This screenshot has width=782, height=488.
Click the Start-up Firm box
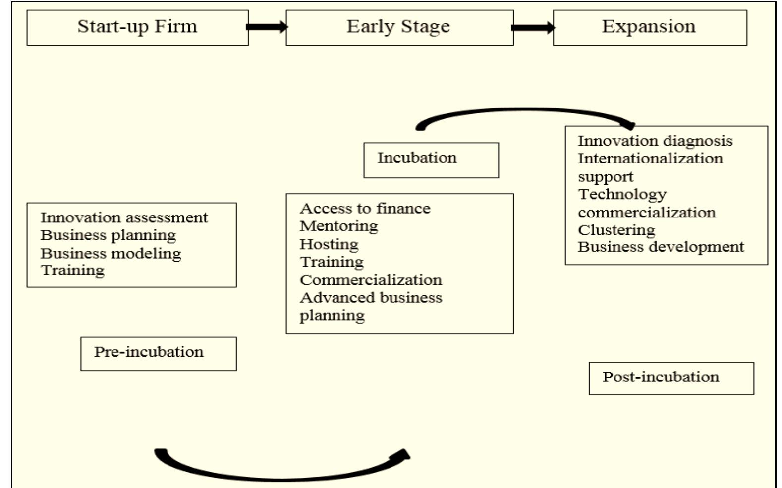coord(137,28)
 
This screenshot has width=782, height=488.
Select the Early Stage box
coord(399,28)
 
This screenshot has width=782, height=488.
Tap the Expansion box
coord(649,28)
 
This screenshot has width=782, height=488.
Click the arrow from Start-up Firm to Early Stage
coord(267,27)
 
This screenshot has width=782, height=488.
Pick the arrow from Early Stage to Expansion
coord(533,27)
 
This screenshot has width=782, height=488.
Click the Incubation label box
coord(431,160)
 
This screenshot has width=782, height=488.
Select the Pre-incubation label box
coord(158,353)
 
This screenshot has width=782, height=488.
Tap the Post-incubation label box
coord(670,378)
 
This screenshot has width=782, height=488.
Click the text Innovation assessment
coord(124,217)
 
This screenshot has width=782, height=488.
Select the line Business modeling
coord(111,253)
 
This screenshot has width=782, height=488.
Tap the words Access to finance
coord(365,209)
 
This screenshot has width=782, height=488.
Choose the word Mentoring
coord(338,226)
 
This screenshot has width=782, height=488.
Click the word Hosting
coord(329,244)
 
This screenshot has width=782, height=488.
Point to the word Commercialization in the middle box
coord(370,280)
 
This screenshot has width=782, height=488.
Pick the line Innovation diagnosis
coord(655,141)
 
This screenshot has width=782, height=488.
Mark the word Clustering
coord(616,230)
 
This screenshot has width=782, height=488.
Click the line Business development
coord(661,247)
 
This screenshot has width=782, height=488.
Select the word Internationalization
coord(650,159)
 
